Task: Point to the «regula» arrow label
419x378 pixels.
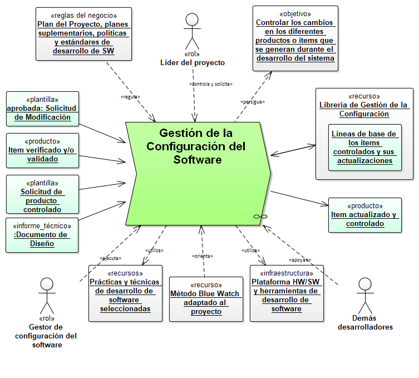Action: point(130,97)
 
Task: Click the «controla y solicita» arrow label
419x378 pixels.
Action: point(211,84)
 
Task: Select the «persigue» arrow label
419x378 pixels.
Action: point(252,102)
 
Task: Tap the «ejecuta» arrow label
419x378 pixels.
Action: point(111,258)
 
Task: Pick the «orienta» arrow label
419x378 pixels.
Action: point(203,256)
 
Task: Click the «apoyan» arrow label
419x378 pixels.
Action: point(298,260)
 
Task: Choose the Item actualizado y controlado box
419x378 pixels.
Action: point(364,215)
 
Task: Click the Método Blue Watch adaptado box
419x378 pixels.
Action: point(206,299)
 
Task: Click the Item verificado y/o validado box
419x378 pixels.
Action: point(42,150)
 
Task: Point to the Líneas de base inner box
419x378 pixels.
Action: point(364,147)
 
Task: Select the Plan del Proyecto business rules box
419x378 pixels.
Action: point(83,33)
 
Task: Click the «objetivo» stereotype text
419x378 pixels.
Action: point(294,13)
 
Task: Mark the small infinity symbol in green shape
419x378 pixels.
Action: point(260,215)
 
